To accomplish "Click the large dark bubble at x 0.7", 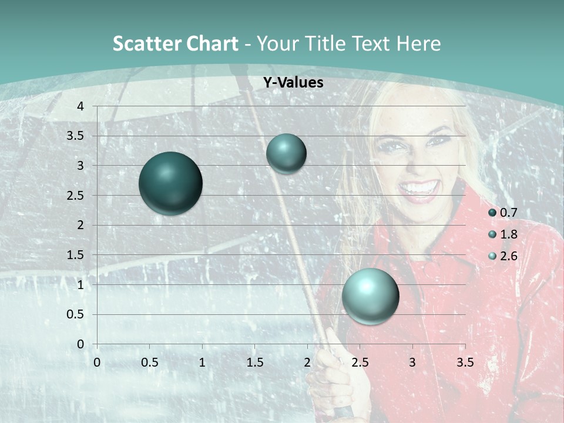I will [170, 183].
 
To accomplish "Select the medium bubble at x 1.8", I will [286, 153].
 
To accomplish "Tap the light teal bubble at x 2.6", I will [370, 296].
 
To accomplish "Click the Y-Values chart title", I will [293, 83].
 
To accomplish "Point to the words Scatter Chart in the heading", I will [175, 43].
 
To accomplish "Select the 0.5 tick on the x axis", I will [149, 362].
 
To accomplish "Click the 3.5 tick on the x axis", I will [465, 362].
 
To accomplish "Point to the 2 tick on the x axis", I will [307, 362].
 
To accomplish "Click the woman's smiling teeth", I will [419, 189].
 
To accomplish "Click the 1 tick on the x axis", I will [202, 362].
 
